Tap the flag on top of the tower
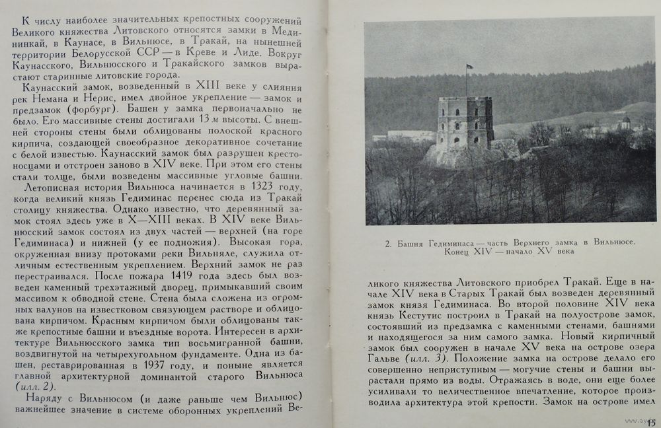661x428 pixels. click(x=469, y=67)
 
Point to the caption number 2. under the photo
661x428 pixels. click(x=388, y=243)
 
